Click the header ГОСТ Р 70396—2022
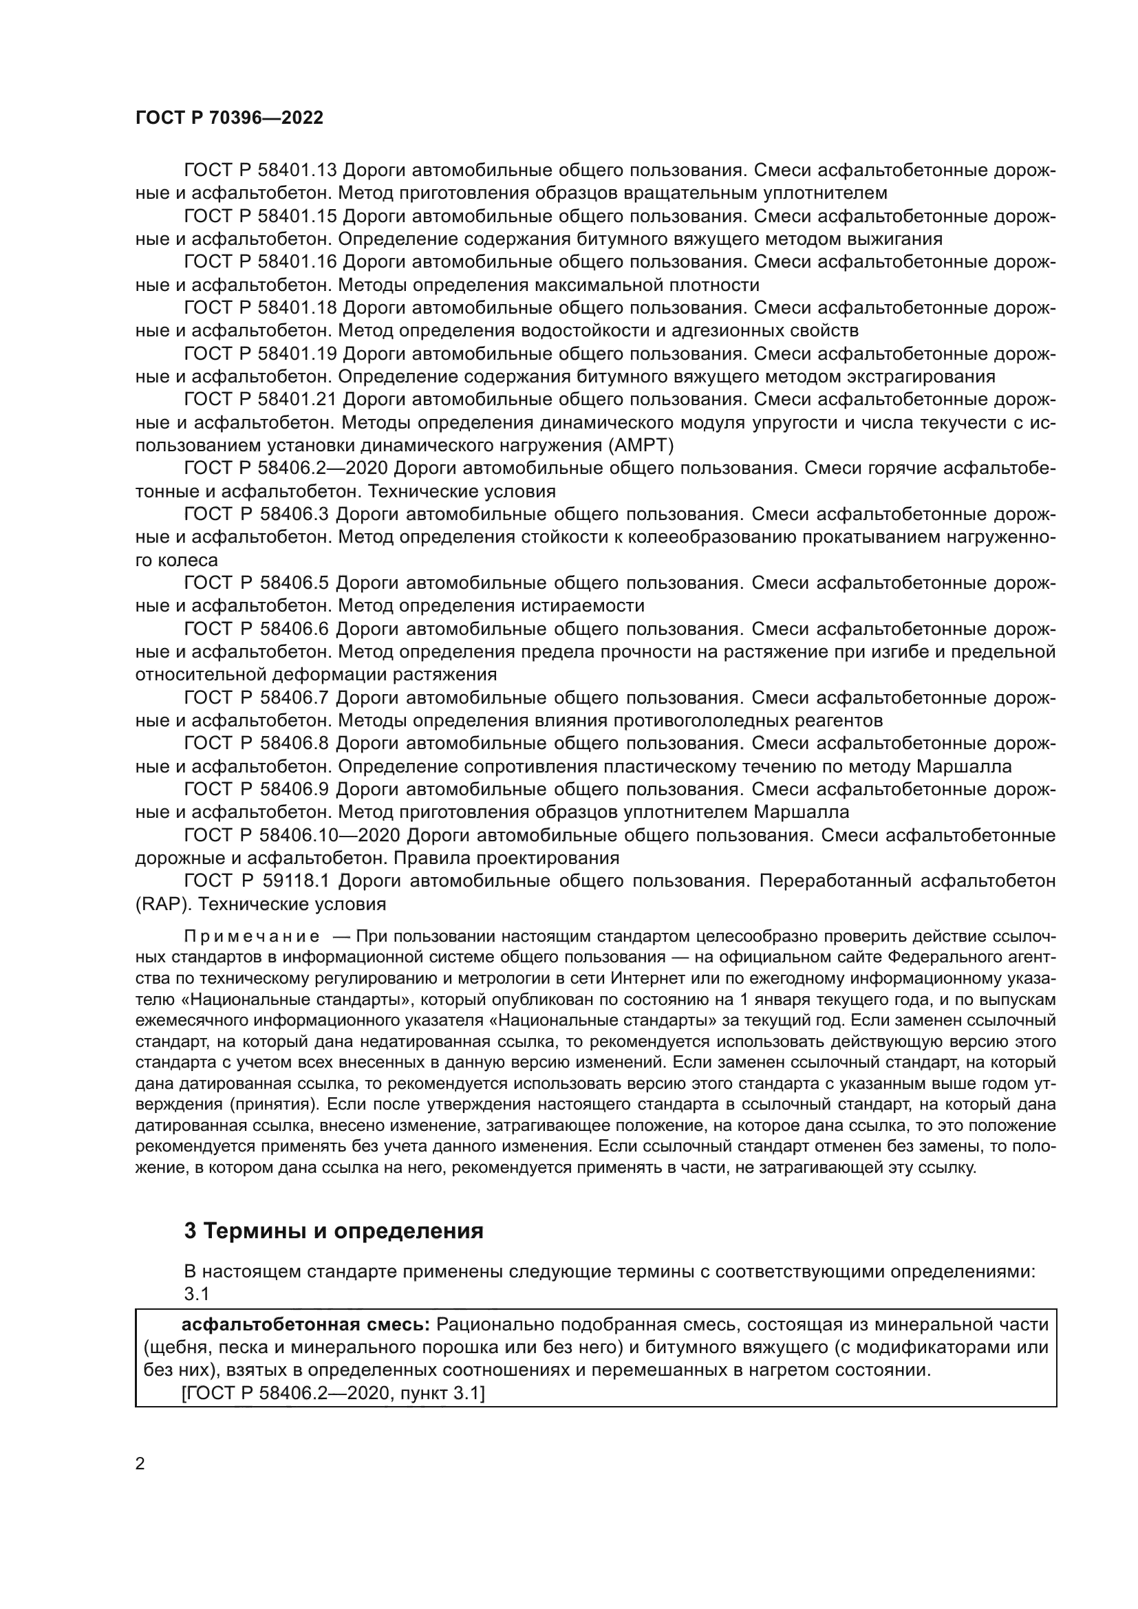[x=229, y=118]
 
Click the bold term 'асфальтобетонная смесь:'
[x=305, y=1324]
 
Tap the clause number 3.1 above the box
[x=197, y=1294]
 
